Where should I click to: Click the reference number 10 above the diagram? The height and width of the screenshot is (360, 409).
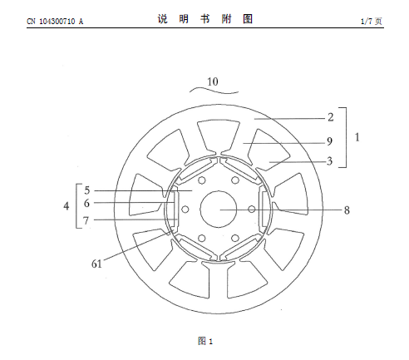tap(213, 81)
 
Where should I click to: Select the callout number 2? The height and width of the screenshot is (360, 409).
tap(331, 117)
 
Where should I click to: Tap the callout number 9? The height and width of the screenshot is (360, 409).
tap(329, 141)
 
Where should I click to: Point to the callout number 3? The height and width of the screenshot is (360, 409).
tap(329, 161)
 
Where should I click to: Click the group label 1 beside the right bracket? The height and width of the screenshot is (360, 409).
tap(357, 137)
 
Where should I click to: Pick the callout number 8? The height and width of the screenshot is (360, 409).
tap(347, 210)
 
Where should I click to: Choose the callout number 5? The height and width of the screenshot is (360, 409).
tap(87, 190)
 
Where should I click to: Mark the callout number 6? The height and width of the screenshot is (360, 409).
tap(86, 203)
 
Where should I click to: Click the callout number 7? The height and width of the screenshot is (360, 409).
tap(86, 220)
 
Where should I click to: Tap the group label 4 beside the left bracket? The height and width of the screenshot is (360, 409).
tap(67, 206)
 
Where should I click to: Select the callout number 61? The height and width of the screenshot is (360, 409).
tap(96, 264)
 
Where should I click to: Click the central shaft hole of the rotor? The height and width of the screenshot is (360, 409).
tap(219, 209)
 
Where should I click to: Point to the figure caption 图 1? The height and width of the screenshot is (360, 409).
tap(205, 341)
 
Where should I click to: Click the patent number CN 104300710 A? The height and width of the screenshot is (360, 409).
tap(55, 22)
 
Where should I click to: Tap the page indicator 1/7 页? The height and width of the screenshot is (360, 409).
tap(372, 22)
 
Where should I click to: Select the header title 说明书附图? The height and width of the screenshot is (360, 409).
tap(205, 19)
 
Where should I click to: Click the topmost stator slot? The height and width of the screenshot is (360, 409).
tap(219, 136)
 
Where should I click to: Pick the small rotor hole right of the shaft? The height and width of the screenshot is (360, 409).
tap(252, 209)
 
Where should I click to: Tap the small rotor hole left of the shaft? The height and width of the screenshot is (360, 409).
tap(185, 210)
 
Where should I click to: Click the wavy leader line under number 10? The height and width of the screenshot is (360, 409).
tap(214, 91)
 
